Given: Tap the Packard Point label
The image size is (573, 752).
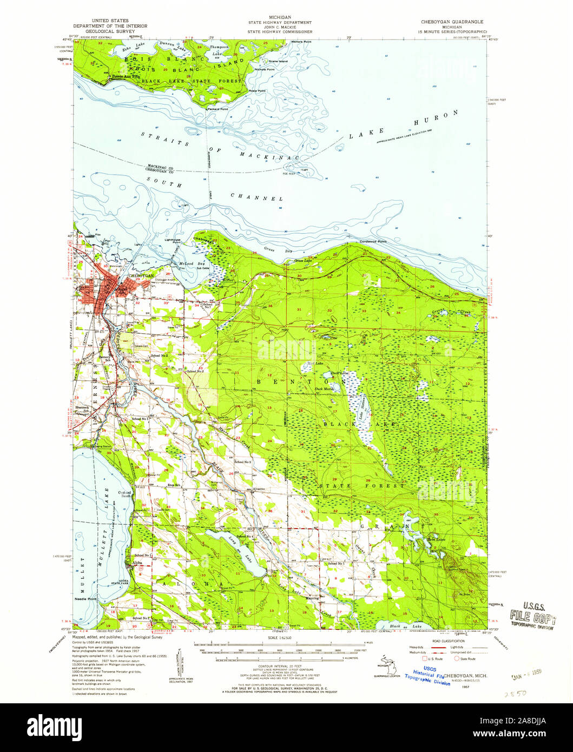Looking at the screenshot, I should pyautogui.click(x=218, y=109).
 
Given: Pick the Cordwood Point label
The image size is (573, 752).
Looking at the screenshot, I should pyautogui.click(x=374, y=241).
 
